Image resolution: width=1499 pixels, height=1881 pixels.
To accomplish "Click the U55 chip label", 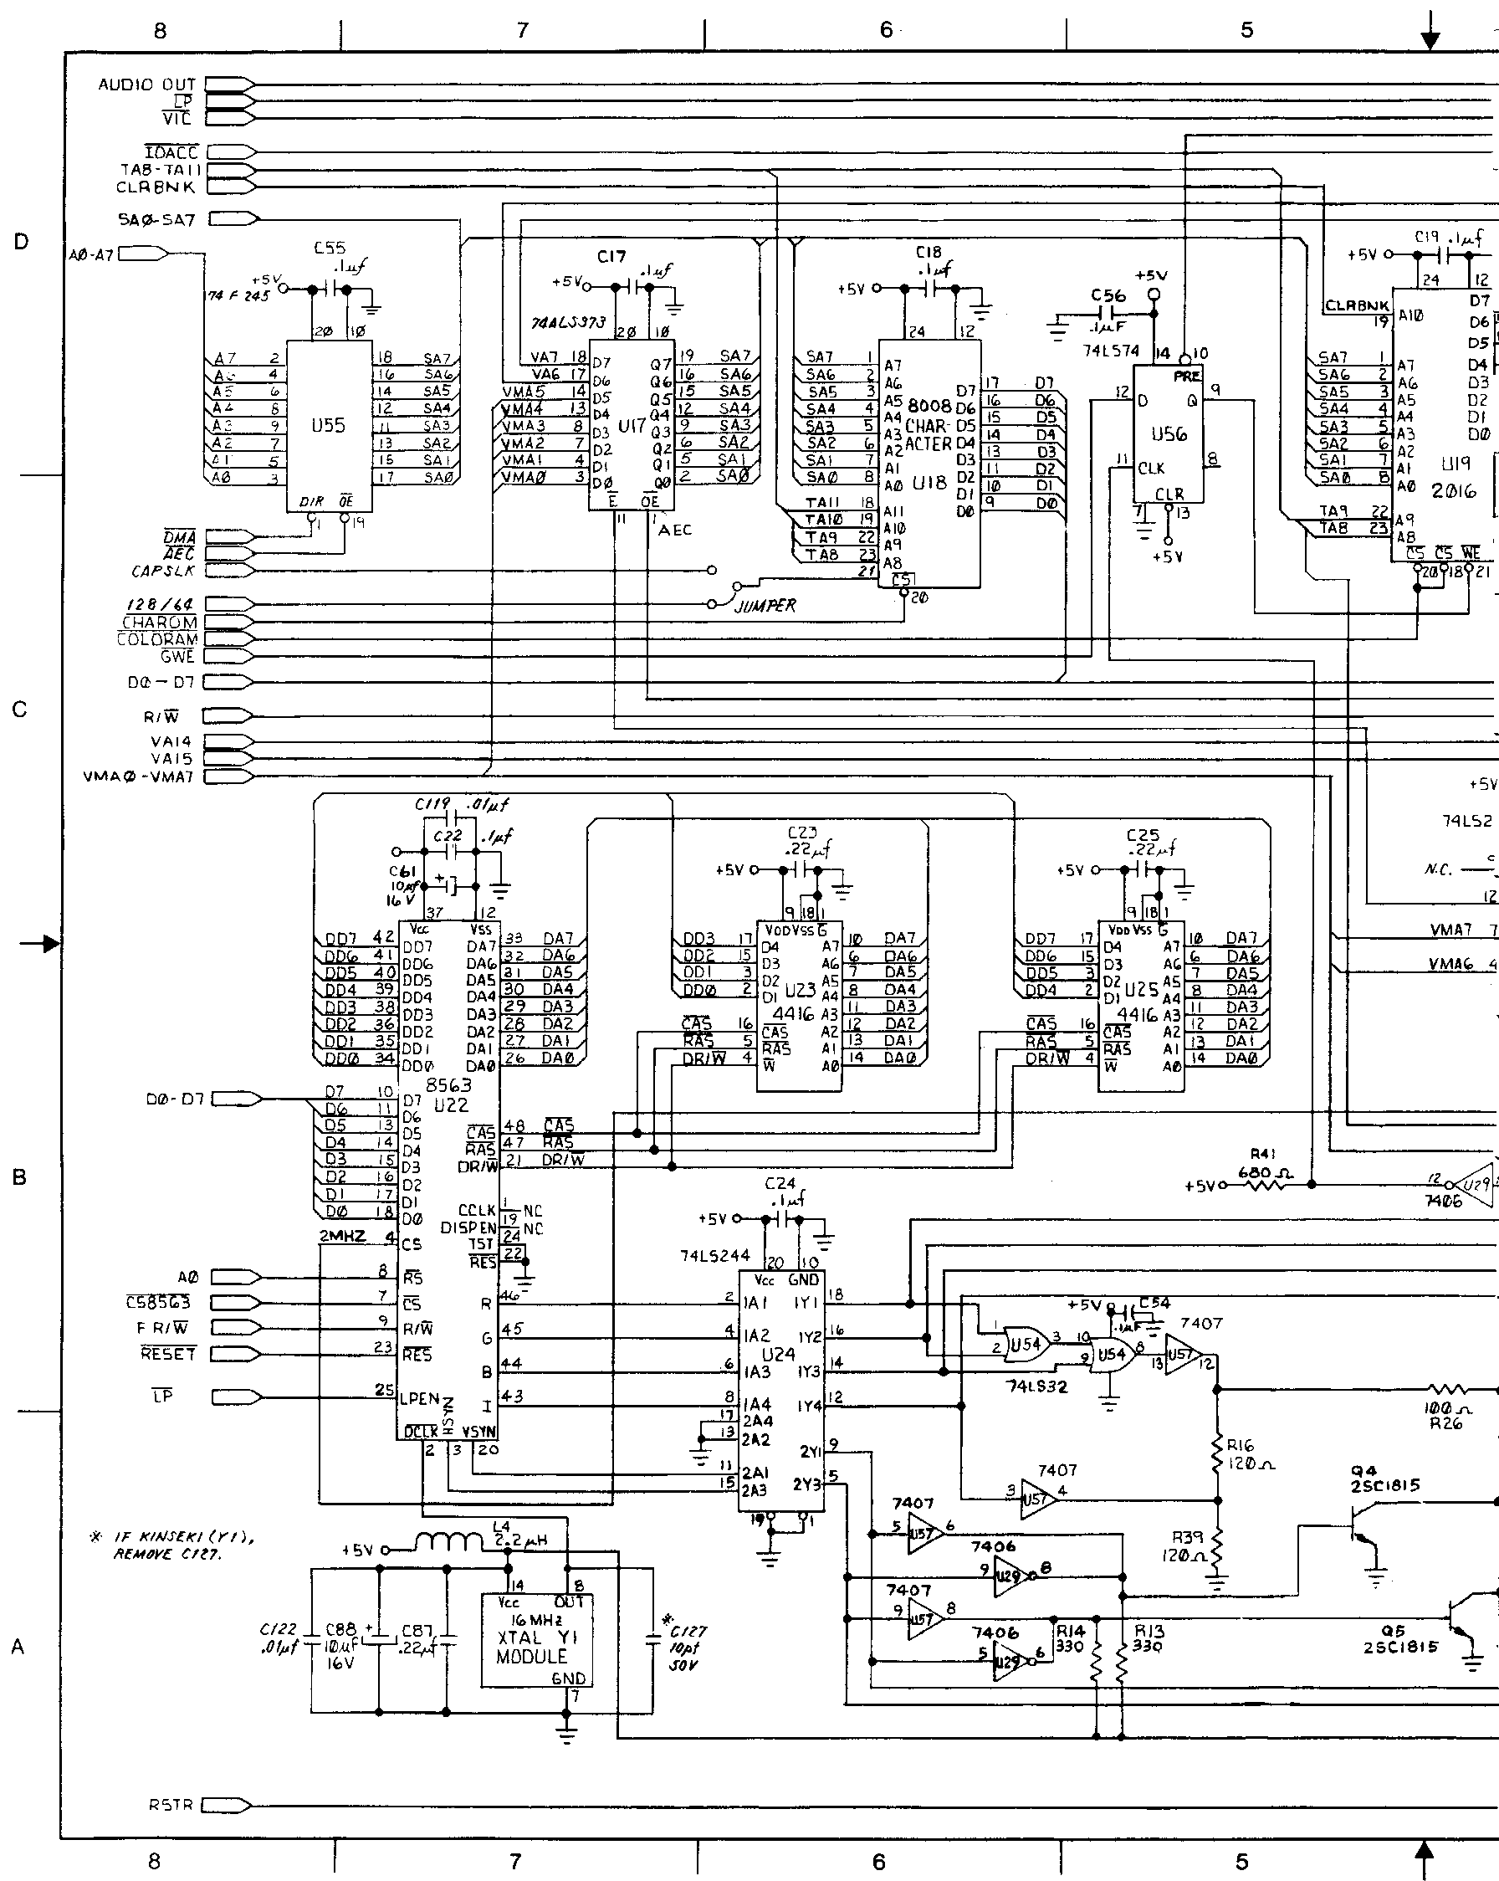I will coord(329,426).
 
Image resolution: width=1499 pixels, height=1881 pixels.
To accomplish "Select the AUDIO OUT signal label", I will coord(146,85).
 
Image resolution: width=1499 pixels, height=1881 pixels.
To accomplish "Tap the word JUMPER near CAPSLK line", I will coord(765,606).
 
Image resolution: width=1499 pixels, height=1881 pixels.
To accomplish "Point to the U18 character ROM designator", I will coord(929,483).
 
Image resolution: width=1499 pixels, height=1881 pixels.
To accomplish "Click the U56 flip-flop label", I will coord(1169,433).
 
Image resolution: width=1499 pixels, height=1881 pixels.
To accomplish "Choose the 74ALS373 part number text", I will coord(569,322).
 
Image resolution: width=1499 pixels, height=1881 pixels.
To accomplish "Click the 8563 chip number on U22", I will coord(448,1085).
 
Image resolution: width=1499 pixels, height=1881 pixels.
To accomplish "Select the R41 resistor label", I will coord(1261,1152).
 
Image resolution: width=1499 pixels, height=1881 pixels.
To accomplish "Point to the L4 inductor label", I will coord(500,1525).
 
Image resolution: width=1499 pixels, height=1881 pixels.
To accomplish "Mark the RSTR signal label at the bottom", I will coord(170,1804).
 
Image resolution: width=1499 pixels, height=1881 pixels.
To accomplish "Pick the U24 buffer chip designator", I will coord(779,1354).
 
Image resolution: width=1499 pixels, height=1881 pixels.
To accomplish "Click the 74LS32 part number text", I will coord(1036,1386).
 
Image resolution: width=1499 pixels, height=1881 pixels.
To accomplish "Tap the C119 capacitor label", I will coord(432,803).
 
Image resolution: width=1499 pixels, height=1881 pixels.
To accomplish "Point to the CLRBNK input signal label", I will coord(156,187).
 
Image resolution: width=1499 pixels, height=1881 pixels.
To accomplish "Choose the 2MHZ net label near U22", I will coord(343,1235).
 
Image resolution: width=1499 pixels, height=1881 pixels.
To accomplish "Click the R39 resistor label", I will coord(1187,1536).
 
